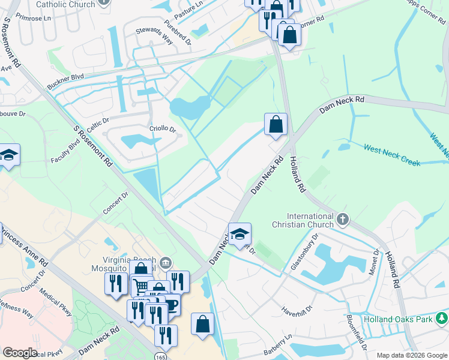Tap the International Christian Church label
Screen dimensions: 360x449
click(x=310, y=220)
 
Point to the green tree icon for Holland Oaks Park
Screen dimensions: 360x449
click(x=442, y=317)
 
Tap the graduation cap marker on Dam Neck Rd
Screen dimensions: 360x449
click(x=240, y=235)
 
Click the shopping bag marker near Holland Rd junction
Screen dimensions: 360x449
click(x=276, y=125)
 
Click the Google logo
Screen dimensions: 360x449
click(x=19, y=353)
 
